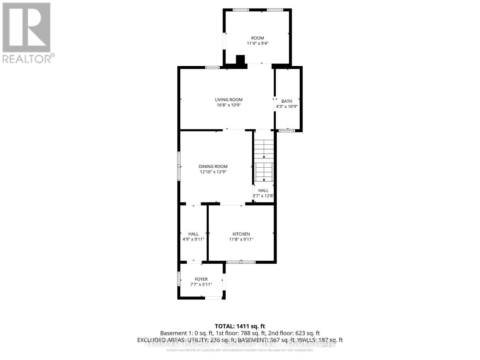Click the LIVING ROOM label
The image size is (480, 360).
[x=229, y=100]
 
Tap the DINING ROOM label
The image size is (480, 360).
[x=213, y=166]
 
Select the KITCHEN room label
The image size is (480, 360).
[x=241, y=234]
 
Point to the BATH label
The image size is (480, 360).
[x=287, y=101]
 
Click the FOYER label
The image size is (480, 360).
[x=201, y=279]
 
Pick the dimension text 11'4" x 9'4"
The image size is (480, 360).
[x=257, y=43]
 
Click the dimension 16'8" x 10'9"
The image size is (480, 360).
[x=229, y=105]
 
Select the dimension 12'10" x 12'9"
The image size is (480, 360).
[x=213, y=172]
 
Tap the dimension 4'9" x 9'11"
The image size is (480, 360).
[x=193, y=239]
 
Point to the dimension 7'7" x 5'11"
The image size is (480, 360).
[x=201, y=284]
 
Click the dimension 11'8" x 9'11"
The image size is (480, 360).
[x=241, y=239]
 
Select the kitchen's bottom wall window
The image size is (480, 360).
[x=241, y=262]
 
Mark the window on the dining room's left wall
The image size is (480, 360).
[x=179, y=166]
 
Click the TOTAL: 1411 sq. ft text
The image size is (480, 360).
[x=240, y=326]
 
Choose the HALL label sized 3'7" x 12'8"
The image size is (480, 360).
[x=263, y=190]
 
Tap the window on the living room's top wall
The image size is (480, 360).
[x=212, y=67]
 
